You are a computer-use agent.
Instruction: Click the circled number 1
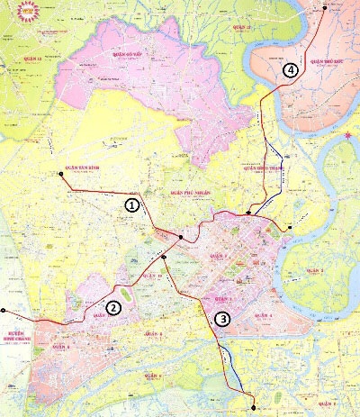point(132,205)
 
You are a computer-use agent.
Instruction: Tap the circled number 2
point(113,307)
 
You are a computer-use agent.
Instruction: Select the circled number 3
point(222,318)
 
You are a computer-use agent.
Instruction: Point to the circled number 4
point(289,69)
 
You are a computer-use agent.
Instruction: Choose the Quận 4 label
point(264,316)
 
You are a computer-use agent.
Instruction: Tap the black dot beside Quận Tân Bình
point(60,173)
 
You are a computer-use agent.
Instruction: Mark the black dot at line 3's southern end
point(253,397)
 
